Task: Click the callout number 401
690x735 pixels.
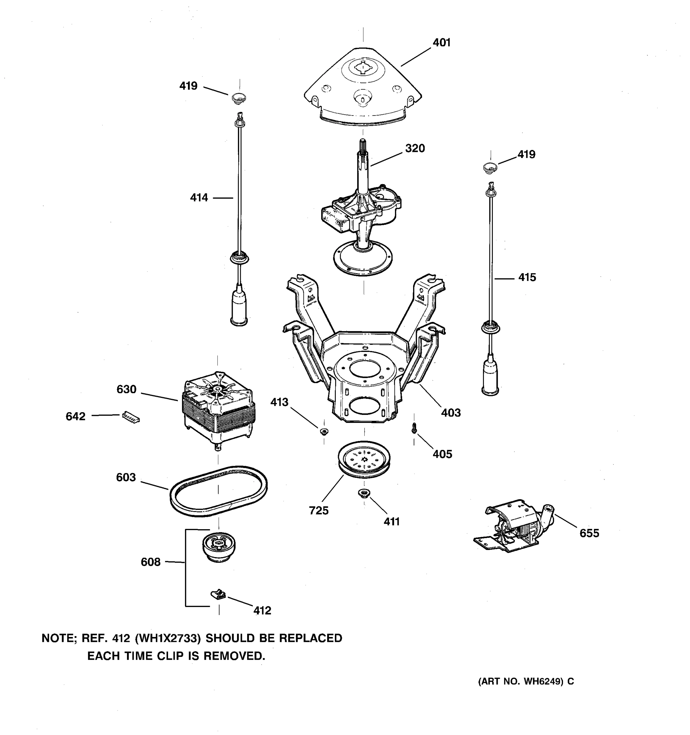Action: pyautogui.click(x=441, y=43)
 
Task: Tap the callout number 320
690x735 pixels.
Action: pyautogui.click(x=415, y=148)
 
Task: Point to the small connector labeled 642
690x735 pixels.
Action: pyautogui.click(x=131, y=417)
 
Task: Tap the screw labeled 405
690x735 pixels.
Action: pyautogui.click(x=414, y=428)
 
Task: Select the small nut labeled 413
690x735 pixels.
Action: pyautogui.click(x=324, y=432)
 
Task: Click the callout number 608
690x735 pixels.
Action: pyautogui.click(x=150, y=562)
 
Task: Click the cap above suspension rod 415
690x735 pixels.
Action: pyautogui.click(x=490, y=167)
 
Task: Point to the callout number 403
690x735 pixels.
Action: pyautogui.click(x=450, y=413)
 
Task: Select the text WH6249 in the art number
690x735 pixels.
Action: pyautogui.click(x=543, y=681)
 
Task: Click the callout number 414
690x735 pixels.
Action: pyautogui.click(x=199, y=198)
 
